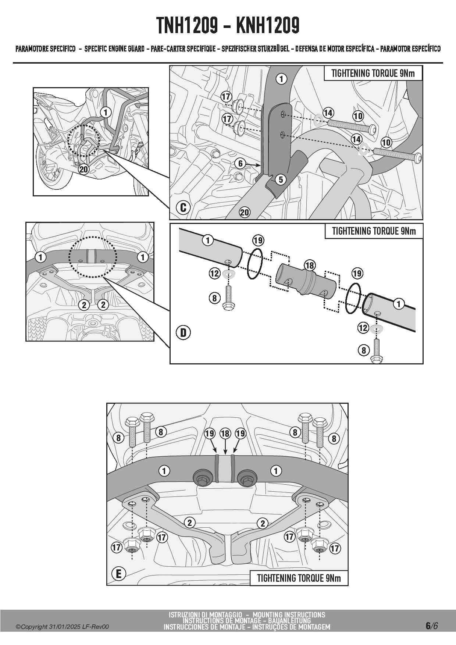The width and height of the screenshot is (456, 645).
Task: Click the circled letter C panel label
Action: [x=183, y=208]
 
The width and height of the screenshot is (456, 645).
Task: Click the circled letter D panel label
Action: [x=183, y=333]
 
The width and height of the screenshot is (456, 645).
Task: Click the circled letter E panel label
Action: [x=118, y=574]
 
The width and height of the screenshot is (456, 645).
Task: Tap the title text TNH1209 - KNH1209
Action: [x=228, y=26]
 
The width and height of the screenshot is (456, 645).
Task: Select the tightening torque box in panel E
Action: [x=299, y=578]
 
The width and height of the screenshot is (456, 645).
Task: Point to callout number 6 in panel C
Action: [x=240, y=163]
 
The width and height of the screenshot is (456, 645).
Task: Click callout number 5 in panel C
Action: [x=281, y=179]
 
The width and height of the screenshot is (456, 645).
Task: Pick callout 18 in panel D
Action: [x=310, y=265]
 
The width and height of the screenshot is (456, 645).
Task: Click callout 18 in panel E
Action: [x=225, y=434]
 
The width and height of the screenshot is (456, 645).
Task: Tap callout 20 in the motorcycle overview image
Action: [x=84, y=169]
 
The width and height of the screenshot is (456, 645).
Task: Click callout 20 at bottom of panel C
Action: [x=245, y=212]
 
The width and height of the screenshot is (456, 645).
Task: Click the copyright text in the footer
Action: [x=62, y=627]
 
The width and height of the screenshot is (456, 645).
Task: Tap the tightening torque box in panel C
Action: [x=373, y=73]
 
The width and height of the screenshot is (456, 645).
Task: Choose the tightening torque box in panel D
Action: [x=374, y=231]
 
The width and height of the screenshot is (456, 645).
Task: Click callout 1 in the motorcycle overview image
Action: [x=106, y=112]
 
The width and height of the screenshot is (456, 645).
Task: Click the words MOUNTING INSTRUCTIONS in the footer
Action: [x=289, y=614]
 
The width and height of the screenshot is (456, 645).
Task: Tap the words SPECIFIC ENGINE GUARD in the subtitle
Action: [x=114, y=49]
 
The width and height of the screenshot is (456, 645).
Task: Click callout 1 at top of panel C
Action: [x=281, y=79]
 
